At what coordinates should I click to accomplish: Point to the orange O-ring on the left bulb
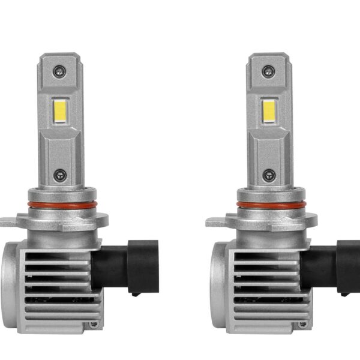click(58, 206)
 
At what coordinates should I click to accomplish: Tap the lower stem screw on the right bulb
click(266, 176)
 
